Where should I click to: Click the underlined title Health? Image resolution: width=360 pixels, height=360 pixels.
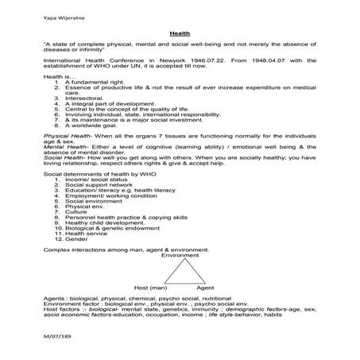180,36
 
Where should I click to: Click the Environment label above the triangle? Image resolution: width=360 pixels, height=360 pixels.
180,255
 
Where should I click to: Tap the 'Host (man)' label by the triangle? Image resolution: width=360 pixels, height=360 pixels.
149,287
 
